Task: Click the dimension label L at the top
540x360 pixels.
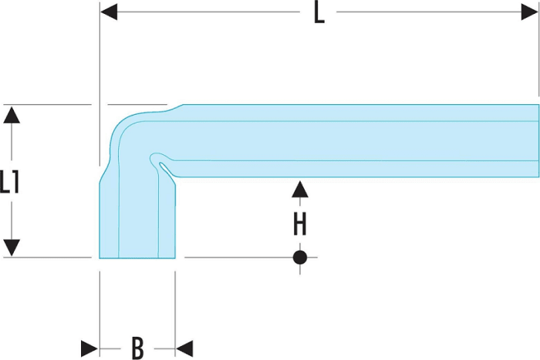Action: [x=319, y=13]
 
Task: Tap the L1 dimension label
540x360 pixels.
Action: [x=9, y=181]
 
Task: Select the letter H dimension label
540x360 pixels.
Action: [x=299, y=224]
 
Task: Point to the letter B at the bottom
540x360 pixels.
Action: [x=137, y=348]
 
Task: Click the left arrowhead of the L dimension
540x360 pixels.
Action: [x=109, y=12]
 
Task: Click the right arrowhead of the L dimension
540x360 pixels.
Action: [x=530, y=12]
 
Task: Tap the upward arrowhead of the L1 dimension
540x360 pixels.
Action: [x=12, y=115]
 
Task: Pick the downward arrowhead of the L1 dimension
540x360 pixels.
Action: [x=12, y=247]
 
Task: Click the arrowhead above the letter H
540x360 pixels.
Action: [x=300, y=190]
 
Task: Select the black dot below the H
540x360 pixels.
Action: [x=300, y=257]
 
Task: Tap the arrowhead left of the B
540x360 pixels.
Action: [x=89, y=348]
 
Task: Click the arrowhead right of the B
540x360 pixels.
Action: [x=184, y=348]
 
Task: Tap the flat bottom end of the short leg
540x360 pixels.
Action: [x=137, y=257]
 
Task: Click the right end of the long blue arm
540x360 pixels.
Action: [x=538, y=141]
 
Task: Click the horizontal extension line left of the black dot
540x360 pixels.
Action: [x=238, y=257]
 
